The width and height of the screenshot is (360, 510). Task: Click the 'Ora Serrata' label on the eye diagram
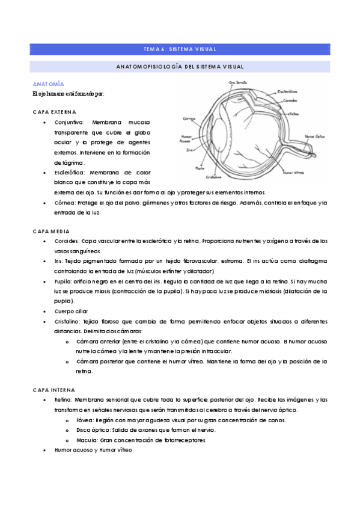click(231, 82)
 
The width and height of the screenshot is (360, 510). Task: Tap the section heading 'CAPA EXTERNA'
click(54, 112)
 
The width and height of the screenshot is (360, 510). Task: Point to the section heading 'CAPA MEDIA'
click(51, 230)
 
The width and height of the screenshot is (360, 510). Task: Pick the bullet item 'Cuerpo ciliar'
click(72, 311)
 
